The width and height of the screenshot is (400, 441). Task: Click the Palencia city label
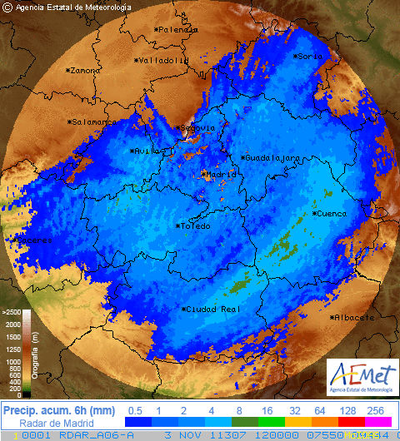(178, 29)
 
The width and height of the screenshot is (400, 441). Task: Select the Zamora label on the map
(84, 71)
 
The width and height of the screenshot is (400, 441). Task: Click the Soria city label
(308, 56)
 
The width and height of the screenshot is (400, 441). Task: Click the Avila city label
(146, 151)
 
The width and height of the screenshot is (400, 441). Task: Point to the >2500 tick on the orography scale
(12, 312)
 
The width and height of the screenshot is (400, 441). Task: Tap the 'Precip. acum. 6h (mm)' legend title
(58, 410)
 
